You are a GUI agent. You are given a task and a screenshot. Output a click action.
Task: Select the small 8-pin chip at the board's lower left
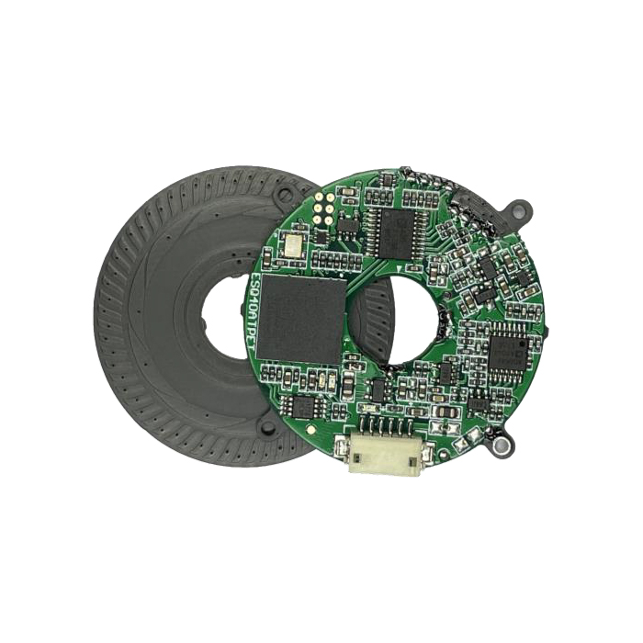coord(303,405)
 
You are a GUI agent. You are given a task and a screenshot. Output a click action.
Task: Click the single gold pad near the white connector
coord(314,428)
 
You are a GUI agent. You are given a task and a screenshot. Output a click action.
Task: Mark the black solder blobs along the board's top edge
coord(432,184)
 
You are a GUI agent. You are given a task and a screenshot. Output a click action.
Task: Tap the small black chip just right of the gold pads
coord(347,223)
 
